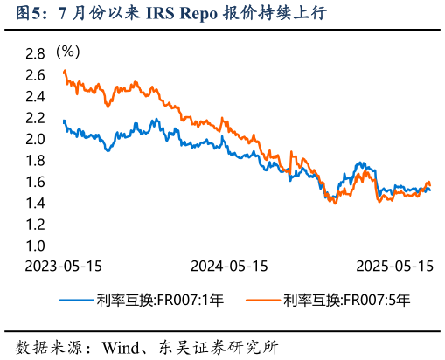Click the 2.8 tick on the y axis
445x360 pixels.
35,54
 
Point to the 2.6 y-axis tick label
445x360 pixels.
35,75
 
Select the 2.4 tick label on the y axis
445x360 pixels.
35,97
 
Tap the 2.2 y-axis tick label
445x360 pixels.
35,118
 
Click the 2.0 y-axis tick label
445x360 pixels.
35,140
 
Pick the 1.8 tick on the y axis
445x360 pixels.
35,161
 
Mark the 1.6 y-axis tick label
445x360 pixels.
35,183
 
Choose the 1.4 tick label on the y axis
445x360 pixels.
35,204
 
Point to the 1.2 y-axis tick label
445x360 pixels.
35,225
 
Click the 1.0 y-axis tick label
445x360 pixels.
35,246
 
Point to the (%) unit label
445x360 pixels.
67,52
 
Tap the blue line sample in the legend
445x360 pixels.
78,300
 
